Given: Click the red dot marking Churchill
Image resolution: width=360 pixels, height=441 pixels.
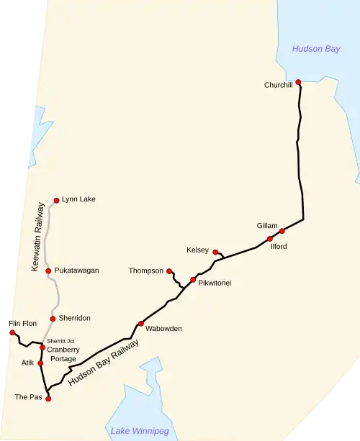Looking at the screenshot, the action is tap(298, 82).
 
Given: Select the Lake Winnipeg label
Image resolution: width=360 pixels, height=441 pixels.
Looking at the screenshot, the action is tap(140, 431).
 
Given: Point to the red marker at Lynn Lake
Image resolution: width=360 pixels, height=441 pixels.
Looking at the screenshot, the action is tap(56, 200).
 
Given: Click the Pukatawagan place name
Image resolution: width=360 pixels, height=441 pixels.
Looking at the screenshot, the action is tap(76, 270).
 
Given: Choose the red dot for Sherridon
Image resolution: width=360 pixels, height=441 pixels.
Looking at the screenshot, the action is tap(53, 318).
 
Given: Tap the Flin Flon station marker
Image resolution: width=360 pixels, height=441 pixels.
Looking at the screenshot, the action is tap(12, 332).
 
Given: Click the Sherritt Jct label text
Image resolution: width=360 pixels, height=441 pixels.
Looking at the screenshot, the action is tap(60, 340).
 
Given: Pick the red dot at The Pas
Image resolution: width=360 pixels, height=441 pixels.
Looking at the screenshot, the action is tap(48, 397).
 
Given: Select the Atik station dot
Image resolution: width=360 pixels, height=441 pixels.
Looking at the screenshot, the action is tap(40, 363).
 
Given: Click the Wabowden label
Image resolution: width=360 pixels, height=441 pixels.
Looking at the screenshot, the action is tap(163, 329).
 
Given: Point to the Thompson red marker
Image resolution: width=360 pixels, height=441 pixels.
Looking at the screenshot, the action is tap(169, 271).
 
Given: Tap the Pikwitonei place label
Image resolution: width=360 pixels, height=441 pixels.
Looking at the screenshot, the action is tap(215, 283).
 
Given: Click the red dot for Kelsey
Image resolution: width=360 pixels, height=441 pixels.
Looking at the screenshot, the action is tap(215, 252).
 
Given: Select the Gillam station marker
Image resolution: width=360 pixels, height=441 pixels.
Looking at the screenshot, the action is tap(282, 231).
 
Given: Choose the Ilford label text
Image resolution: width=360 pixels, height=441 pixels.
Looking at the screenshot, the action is tap(279, 247).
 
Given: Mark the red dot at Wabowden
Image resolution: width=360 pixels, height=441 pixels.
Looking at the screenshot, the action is tap(140, 323).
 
